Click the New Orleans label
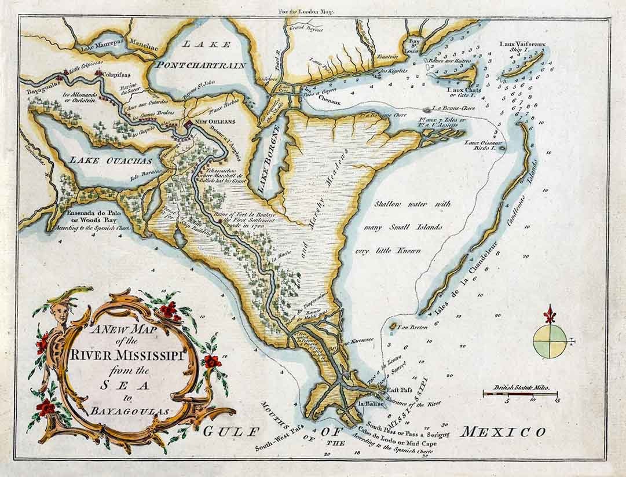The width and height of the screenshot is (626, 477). pyautogui.click(x=215, y=123)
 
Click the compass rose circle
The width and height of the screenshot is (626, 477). pyautogui.click(x=550, y=341)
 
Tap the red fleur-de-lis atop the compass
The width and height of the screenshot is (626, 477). pyautogui.click(x=550, y=315)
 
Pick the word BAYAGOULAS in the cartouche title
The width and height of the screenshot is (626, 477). pyautogui.click(x=126, y=411)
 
